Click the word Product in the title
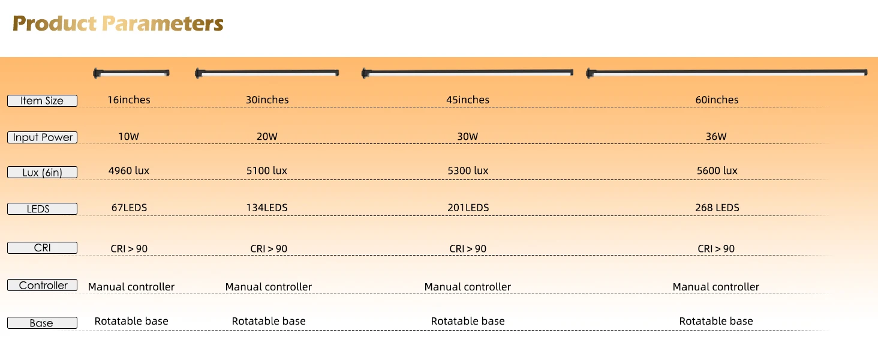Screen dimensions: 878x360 tap(55, 23)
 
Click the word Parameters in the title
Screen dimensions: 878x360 tap(163, 23)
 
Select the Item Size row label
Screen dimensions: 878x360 tap(43, 101)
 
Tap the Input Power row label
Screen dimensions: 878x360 tap(43, 137)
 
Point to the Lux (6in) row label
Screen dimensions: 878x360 tap(43, 172)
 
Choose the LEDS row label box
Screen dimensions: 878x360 tap(43, 209)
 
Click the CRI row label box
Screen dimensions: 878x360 tap(43, 248)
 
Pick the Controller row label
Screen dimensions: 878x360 tap(43, 285)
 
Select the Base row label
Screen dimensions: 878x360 tap(43, 323)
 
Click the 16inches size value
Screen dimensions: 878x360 tap(129, 100)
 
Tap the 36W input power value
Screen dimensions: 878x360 tap(716, 136)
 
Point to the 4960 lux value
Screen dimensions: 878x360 tap(129, 170)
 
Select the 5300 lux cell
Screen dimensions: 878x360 tap(468, 170)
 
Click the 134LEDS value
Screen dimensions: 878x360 tap(267, 208)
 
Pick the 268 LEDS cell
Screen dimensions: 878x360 tap(717, 208)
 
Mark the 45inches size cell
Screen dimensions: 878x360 tap(468, 100)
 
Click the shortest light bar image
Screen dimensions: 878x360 tap(131, 73)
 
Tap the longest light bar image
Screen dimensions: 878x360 tap(727, 73)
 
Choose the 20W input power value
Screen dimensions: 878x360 tap(267, 136)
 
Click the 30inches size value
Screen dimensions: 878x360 tap(267, 100)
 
